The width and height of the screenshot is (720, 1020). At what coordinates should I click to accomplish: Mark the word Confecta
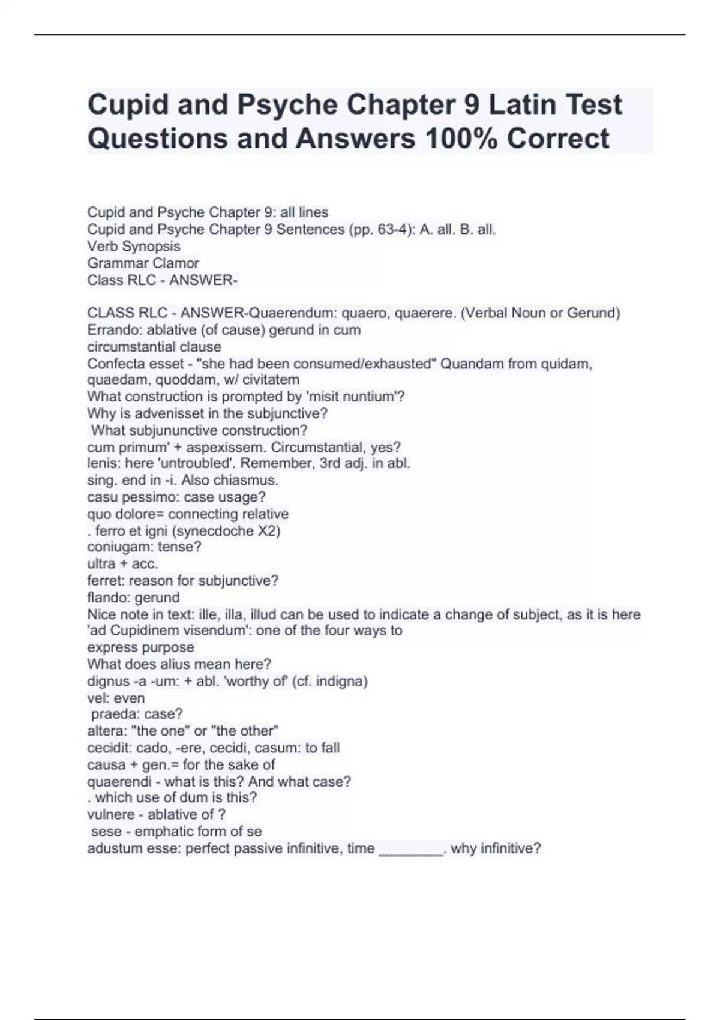(114, 364)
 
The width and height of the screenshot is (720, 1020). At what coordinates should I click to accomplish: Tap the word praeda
(111, 714)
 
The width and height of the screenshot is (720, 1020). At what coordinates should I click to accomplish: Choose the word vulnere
(111, 814)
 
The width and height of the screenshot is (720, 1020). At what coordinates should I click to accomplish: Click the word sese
(104, 831)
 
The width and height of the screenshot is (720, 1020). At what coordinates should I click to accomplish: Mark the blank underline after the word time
(410, 850)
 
